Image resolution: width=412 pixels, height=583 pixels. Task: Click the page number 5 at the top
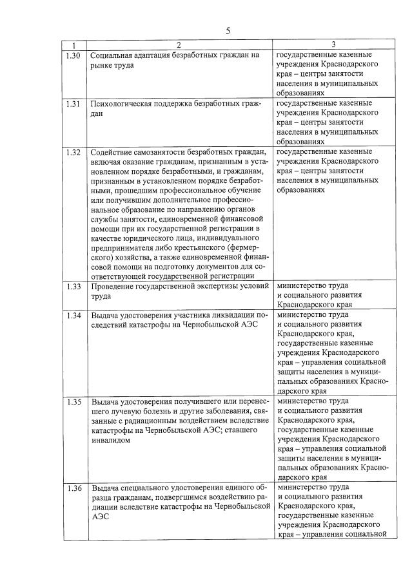228,30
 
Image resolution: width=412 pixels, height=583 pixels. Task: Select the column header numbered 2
179,45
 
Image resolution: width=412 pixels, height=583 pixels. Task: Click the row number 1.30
74,56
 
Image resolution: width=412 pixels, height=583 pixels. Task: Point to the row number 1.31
74,104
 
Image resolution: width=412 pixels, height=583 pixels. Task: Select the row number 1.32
74,153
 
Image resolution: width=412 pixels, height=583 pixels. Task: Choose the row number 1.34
74,316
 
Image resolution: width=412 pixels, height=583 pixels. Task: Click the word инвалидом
112,441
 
